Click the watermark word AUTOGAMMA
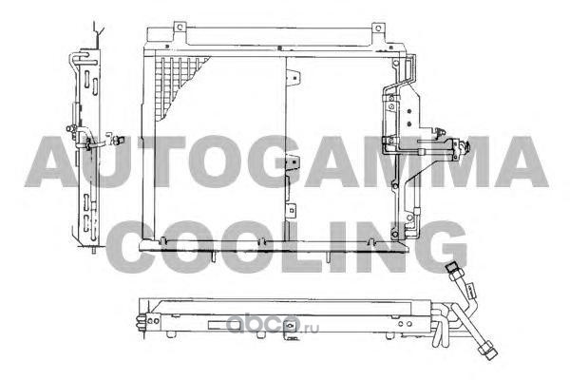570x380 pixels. coord(287,161)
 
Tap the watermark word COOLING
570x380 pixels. coord(287,247)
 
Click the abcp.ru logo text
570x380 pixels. coord(273,325)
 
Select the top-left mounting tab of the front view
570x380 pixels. coord(180,28)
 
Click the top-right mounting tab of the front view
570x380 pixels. coord(378,28)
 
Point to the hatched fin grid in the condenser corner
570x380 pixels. coord(178,85)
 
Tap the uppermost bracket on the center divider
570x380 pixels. coord(293,79)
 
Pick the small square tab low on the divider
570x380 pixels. coord(292,211)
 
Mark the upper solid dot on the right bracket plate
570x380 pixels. coord(409,111)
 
